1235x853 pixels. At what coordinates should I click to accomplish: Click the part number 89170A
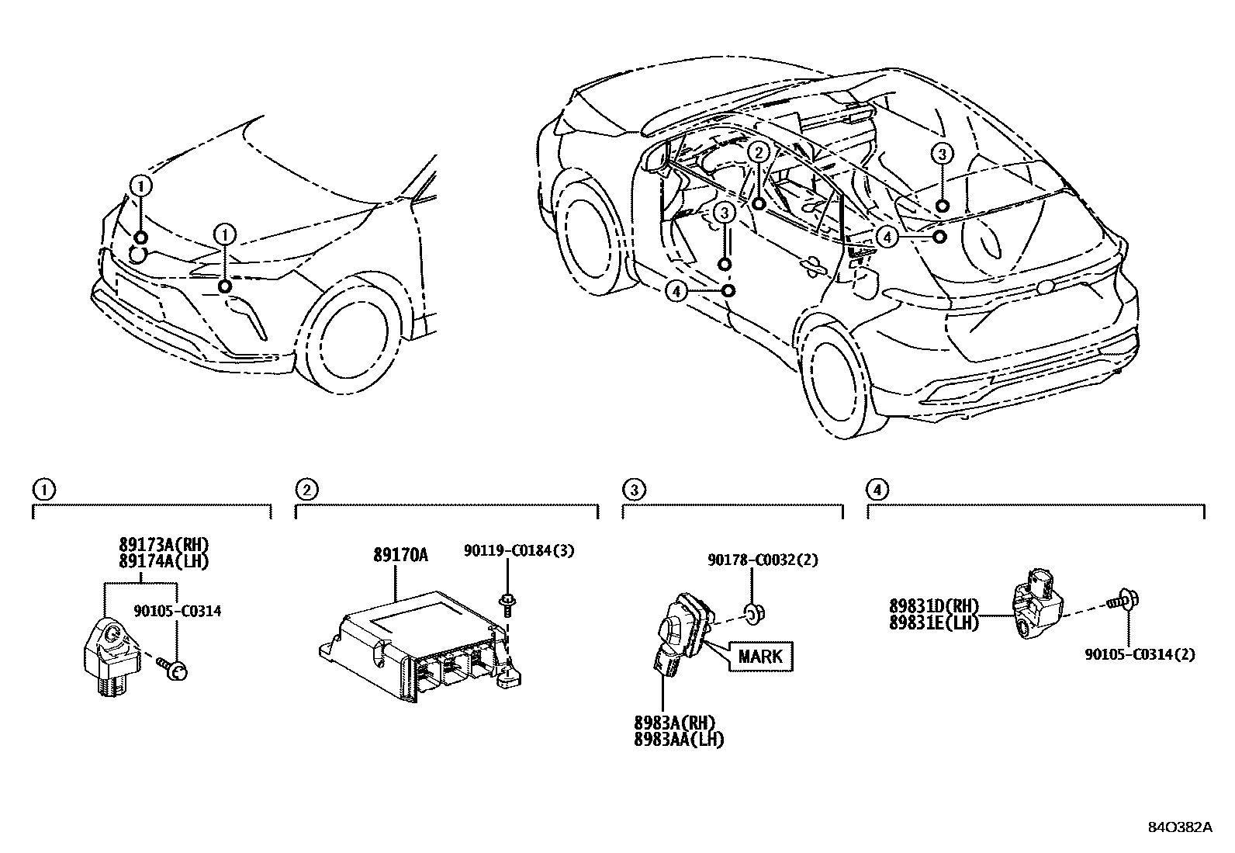(x=400, y=555)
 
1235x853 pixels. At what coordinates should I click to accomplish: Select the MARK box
(x=760, y=656)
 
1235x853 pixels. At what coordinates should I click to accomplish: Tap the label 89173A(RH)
(x=164, y=544)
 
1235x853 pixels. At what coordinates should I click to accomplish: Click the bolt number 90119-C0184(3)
(x=519, y=551)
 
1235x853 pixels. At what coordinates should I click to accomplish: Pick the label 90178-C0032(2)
(x=762, y=560)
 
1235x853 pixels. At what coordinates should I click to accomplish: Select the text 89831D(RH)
(x=934, y=605)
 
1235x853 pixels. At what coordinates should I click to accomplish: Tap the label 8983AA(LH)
(x=679, y=740)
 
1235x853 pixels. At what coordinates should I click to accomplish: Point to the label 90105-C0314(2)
(x=1140, y=654)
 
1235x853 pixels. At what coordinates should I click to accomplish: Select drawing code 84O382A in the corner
(x=1179, y=827)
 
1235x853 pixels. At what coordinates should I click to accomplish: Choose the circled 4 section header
(x=877, y=490)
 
